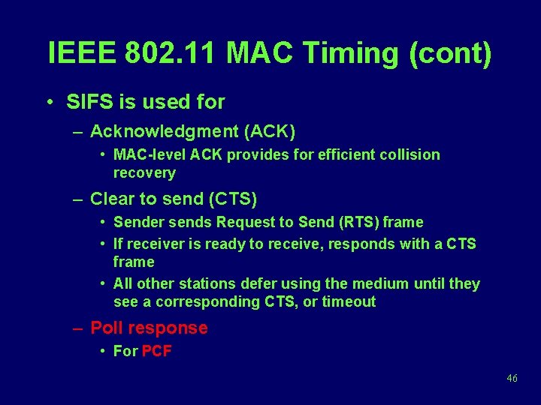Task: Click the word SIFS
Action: pos(88,101)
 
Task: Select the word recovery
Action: pos(144,173)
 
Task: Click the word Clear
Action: pos(110,199)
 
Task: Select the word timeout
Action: pos(349,302)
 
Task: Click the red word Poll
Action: pos(107,328)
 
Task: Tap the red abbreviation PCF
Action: pos(157,351)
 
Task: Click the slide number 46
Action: pos(512,379)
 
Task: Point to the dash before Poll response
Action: pos(78,328)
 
